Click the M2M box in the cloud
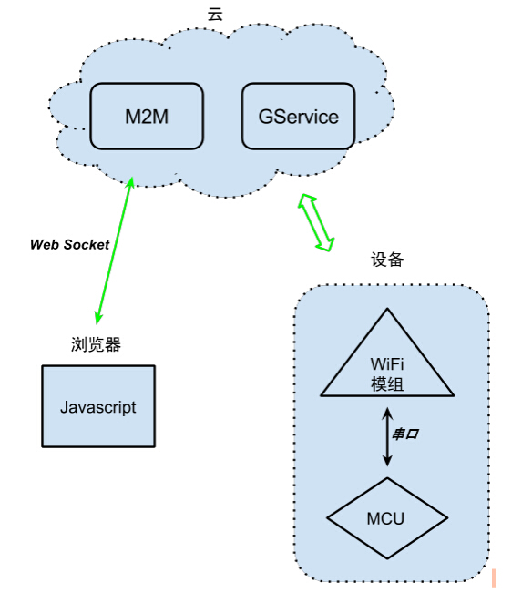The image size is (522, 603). [x=147, y=117]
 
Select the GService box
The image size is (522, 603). [x=298, y=117]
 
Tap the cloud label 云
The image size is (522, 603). [x=215, y=13]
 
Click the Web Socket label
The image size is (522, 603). [x=69, y=244]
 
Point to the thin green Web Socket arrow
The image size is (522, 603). [x=113, y=248]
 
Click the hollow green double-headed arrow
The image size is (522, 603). [x=316, y=221]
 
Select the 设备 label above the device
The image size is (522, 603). [x=387, y=260]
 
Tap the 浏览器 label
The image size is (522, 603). [x=97, y=344]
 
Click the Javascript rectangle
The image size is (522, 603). [x=98, y=406]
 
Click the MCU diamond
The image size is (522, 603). [x=387, y=519]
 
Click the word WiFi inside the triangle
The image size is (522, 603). [x=387, y=367]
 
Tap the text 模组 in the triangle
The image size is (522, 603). [x=387, y=384]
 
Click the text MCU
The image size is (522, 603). [x=385, y=519]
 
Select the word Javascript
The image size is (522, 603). [x=98, y=407]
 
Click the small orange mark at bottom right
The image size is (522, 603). [x=493, y=577]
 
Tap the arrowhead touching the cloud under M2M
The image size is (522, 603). [x=130, y=182]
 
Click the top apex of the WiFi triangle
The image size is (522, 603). [x=387, y=311]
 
